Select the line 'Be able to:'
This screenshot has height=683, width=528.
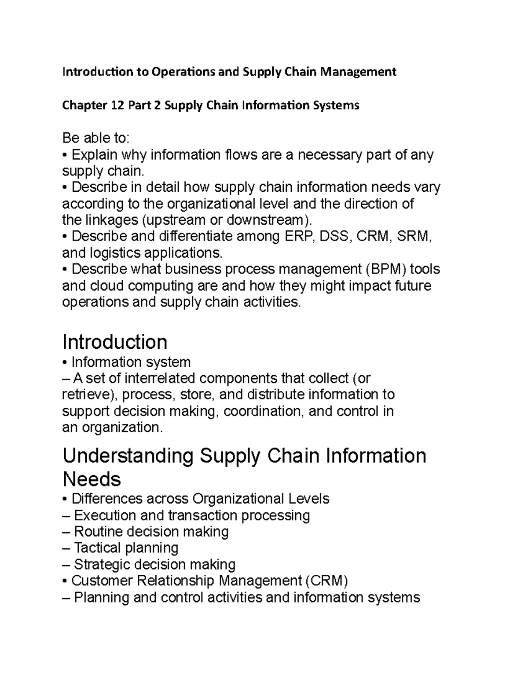[96, 138]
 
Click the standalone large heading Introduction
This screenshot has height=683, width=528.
[115, 342]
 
